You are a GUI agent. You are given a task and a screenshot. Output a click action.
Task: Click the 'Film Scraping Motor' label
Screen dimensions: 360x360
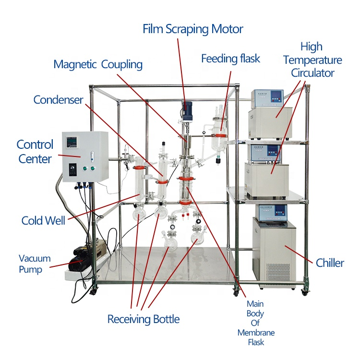click(x=193, y=29)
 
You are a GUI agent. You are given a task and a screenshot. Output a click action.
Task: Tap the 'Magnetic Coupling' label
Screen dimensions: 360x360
click(x=98, y=64)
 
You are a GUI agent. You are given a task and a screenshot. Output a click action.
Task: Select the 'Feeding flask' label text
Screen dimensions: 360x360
click(x=230, y=59)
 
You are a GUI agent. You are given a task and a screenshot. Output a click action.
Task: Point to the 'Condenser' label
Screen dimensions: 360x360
click(x=58, y=99)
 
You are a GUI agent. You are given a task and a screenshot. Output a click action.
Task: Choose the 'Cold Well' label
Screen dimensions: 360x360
click(x=43, y=220)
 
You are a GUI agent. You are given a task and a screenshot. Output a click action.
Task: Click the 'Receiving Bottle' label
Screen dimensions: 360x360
click(x=144, y=319)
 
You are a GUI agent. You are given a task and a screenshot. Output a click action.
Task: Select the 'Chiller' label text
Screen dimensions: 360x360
click(x=330, y=263)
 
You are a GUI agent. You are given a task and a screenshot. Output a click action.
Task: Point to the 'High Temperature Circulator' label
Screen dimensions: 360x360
click(x=312, y=60)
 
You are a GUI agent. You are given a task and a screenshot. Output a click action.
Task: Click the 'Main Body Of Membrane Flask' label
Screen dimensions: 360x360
click(x=256, y=323)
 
